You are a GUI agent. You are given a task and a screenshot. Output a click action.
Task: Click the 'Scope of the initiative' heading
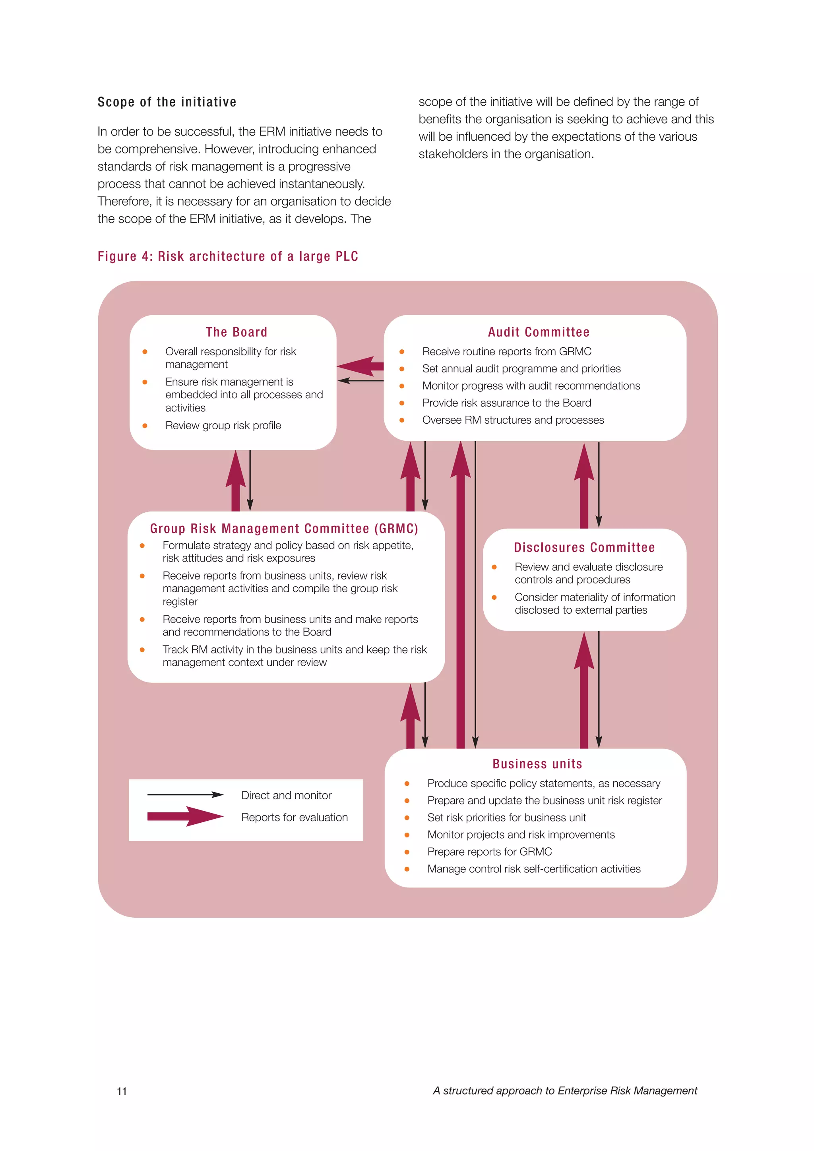pos(167,102)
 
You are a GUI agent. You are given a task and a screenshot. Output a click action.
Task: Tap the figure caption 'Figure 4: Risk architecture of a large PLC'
pos(228,257)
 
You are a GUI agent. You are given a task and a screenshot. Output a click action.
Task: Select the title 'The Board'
pos(236,332)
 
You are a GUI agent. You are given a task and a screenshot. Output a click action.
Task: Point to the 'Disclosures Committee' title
pos(584,547)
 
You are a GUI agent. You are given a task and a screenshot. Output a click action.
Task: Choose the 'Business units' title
pos(537,764)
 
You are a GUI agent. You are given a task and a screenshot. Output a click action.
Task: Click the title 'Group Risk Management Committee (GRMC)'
pos(284,529)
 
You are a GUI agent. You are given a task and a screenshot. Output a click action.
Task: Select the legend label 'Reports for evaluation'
pos(294,817)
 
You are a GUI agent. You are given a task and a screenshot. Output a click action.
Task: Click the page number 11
pos(122,1091)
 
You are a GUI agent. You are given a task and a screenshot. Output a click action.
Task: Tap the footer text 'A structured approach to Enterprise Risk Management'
pos(565,1091)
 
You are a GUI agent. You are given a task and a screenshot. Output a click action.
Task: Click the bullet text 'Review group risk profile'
pos(223,426)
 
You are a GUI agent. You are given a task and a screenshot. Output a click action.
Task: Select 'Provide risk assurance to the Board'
pos(506,403)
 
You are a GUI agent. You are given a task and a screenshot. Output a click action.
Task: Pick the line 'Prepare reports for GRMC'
pos(489,852)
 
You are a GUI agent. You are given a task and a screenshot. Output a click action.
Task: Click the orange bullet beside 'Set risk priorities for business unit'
pos(407,818)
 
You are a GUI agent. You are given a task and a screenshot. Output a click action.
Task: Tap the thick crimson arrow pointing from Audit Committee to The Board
pos(360,366)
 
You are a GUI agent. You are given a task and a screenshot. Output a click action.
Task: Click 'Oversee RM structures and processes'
pos(513,420)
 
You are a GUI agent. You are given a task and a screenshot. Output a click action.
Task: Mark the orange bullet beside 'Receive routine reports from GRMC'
pos(402,352)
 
